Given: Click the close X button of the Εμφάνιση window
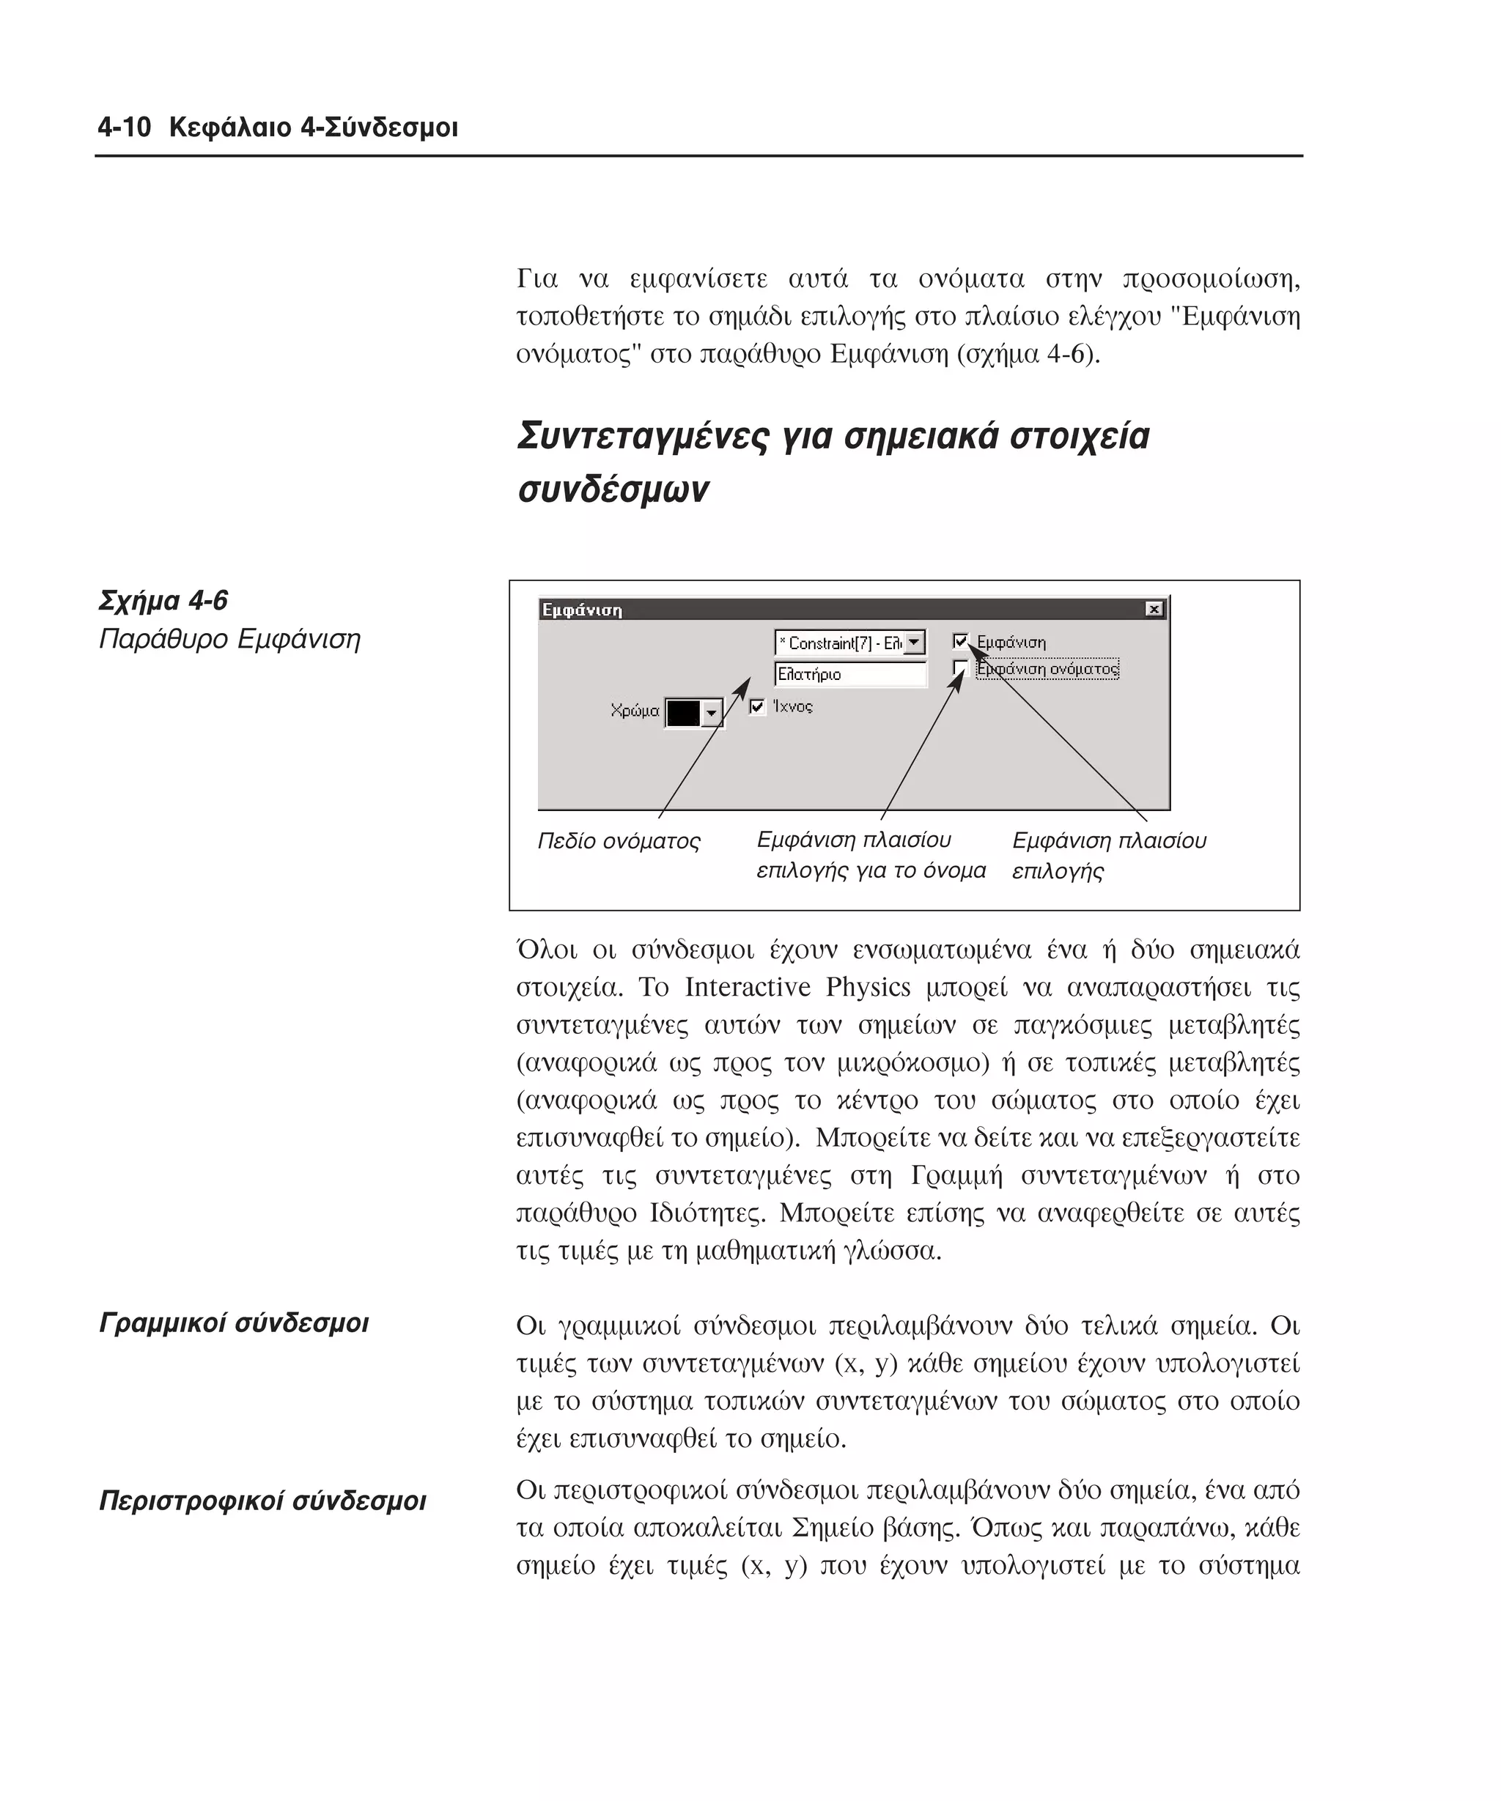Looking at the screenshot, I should (1154, 609).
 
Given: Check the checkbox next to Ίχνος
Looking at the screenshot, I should (756, 706).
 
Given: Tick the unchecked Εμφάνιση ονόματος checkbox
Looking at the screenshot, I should (960, 668).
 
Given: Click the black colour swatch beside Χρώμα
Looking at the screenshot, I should (684, 713).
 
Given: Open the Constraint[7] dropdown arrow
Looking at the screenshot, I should (915, 643).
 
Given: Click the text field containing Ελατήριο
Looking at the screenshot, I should (849, 674).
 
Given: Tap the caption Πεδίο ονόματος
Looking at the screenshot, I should (619, 841).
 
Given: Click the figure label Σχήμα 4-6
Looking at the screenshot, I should (163, 600).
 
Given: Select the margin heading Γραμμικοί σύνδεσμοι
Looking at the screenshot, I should (233, 1323).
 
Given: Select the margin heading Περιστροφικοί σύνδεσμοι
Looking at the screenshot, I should (262, 1500).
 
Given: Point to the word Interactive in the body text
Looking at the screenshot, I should (747, 987).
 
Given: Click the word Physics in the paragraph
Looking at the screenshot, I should (867, 987).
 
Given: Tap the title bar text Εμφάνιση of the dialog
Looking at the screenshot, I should (581, 610).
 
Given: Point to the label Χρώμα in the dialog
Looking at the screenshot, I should (635, 711).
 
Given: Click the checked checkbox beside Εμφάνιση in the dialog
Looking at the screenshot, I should (960, 640).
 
